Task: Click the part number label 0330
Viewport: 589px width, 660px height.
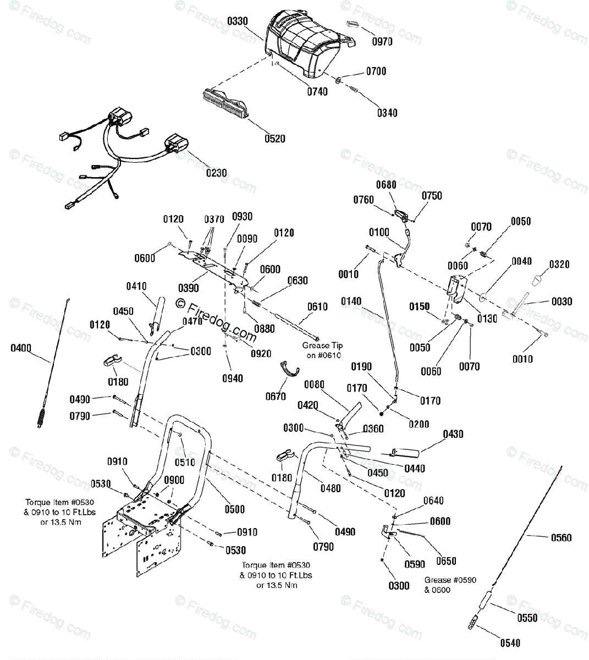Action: [238, 21]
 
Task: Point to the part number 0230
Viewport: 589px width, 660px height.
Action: [216, 173]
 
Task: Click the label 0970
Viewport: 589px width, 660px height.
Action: [382, 42]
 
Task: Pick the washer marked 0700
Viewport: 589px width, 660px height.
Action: [338, 80]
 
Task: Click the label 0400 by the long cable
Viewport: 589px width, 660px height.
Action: [21, 348]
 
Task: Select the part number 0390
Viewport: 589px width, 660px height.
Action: [189, 288]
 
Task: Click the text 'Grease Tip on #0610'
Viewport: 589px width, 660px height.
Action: [322, 350]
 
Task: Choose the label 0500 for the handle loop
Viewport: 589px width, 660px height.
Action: [235, 509]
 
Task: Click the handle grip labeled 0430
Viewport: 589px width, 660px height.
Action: [405, 453]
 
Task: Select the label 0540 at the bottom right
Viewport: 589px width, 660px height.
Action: [510, 643]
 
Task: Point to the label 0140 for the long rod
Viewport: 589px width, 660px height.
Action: [351, 301]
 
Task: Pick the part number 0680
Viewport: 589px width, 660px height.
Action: [386, 185]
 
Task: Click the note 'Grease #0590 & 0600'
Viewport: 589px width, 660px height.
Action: [450, 585]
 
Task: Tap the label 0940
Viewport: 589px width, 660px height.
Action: [233, 378]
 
